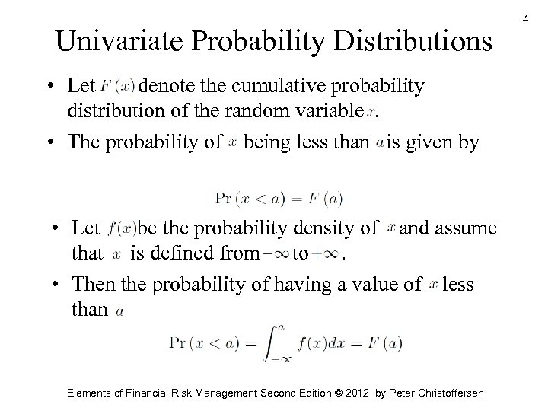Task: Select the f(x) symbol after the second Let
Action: pyautogui.click(x=123, y=228)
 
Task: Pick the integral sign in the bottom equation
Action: pyautogui.click(x=292, y=343)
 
